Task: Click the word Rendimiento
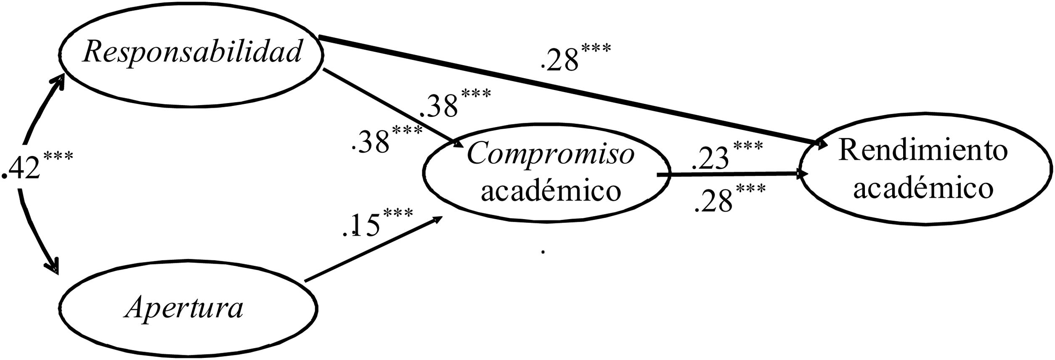(x=923, y=151)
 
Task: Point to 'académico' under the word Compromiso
(x=551, y=191)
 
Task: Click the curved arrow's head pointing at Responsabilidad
(x=58, y=82)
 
